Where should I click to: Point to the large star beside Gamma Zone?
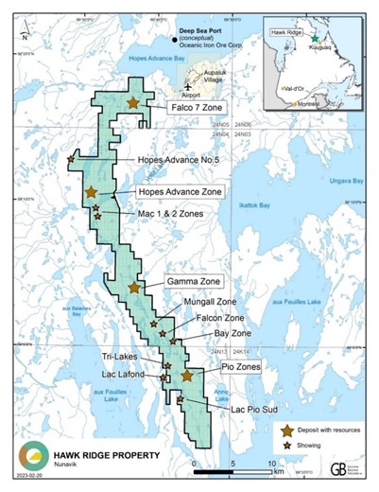(x=134, y=287)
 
